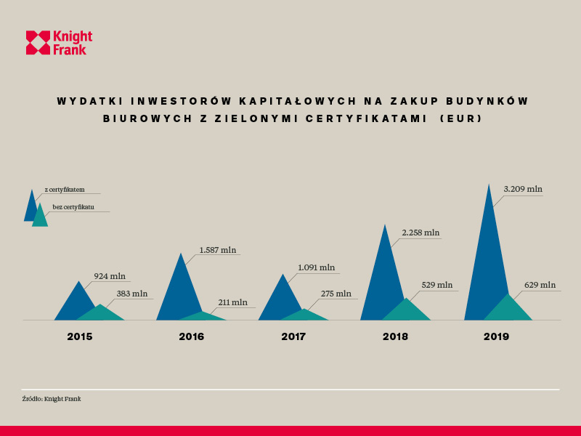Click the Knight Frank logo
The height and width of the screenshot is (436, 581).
coord(59,43)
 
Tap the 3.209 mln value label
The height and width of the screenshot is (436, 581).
coord(523,189)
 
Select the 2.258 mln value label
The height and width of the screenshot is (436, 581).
coord(420,233)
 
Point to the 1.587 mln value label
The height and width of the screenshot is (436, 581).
coord(218,250)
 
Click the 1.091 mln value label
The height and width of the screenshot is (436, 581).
coord(316,267)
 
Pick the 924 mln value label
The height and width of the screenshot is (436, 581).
coord(110,276)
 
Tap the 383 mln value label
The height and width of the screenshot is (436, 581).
coord(131,294)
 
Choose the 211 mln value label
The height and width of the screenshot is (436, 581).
coord(232,302)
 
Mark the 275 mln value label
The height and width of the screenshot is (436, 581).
coord(336,294)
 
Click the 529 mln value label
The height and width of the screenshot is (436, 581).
coord(437,285)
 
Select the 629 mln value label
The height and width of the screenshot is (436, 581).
coord(540,285)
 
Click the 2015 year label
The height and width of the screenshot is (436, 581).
coord(80,336)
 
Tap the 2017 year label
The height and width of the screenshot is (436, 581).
coord(293,336)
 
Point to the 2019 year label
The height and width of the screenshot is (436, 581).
coord(497,336)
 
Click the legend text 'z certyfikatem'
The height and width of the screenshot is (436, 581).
coord(65,190)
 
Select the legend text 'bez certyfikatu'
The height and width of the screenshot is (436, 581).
coord(73,207)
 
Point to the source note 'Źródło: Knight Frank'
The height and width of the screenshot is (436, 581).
coord(51,398)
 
